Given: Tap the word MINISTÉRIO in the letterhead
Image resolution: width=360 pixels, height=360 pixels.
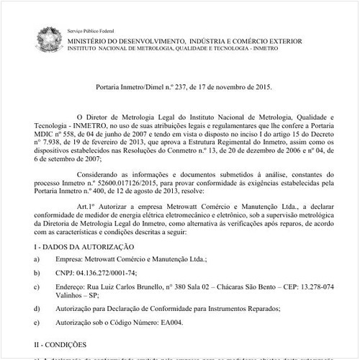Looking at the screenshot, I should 89,42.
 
